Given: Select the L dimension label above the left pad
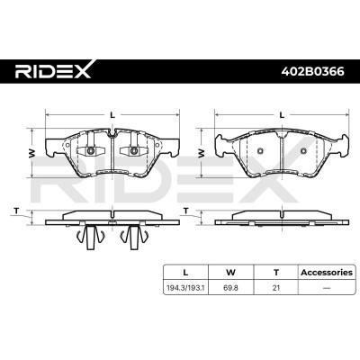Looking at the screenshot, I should pyautogui.click(x=111, y=114).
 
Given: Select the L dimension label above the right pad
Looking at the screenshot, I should pyautogui.click(x=282, y=114).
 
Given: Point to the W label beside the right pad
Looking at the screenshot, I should pyautogui.click(x=204, y=152).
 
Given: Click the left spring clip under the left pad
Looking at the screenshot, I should pyautogui.click(x=90, y=237).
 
